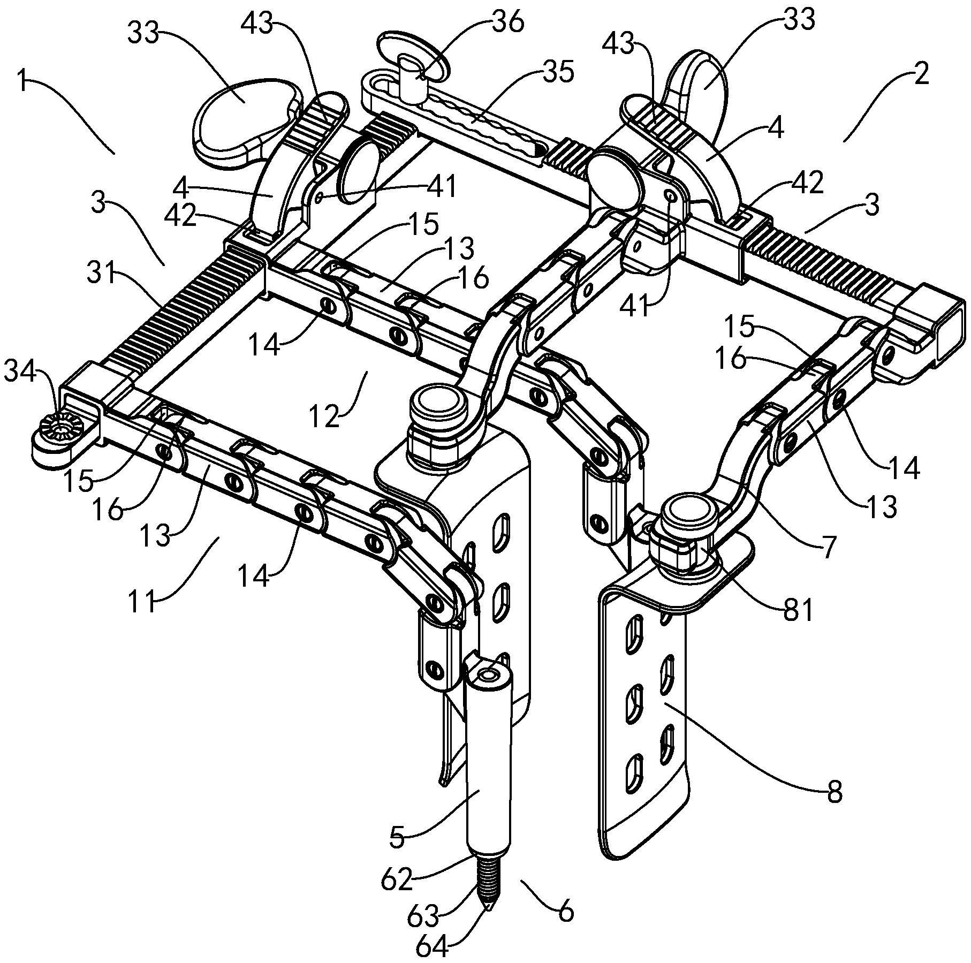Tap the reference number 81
798,610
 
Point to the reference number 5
397,837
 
